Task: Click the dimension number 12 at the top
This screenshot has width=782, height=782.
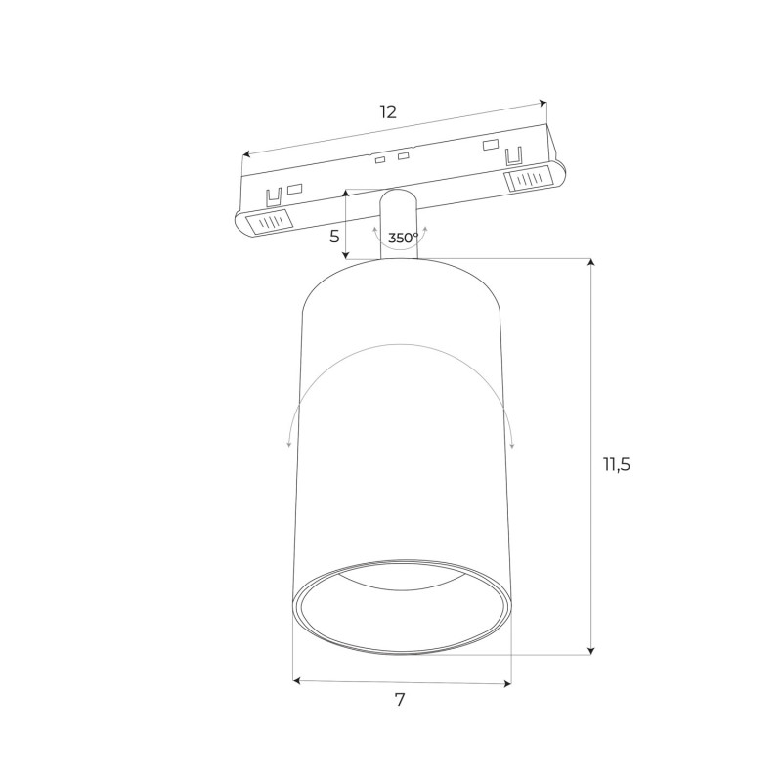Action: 388,111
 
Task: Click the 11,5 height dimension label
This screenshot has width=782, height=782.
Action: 616,464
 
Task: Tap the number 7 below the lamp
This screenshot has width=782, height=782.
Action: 400,700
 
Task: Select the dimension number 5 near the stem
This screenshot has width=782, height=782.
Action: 334,236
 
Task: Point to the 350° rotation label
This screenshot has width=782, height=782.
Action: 403,238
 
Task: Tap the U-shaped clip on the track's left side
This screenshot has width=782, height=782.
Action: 276,196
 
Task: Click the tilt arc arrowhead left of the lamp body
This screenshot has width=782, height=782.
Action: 289,443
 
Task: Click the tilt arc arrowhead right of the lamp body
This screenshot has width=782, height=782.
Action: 512,443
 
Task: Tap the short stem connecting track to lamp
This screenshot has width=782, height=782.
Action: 398,223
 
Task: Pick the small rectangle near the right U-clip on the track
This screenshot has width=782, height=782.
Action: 489,147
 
